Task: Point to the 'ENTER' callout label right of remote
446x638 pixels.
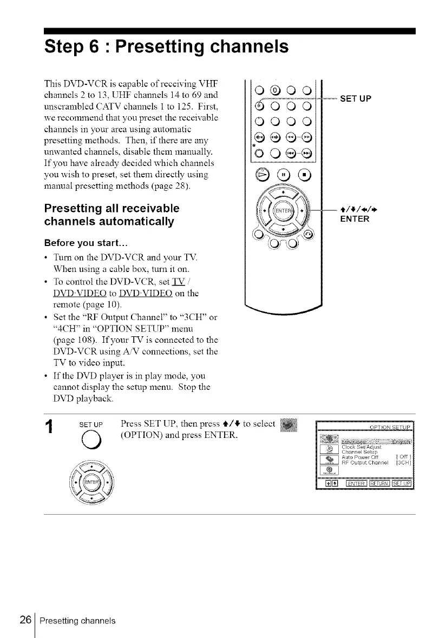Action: pos(354,219)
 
